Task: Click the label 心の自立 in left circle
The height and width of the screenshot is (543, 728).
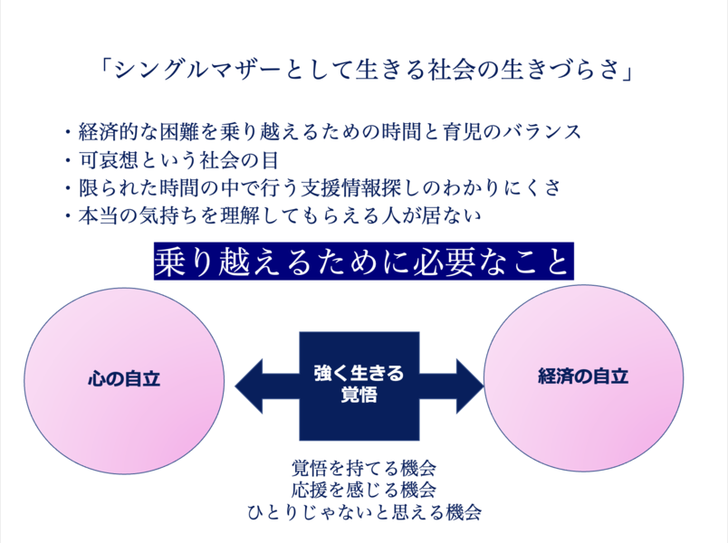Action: tap(123, 377)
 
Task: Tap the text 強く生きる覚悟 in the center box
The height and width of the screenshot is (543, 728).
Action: tap(359, 384)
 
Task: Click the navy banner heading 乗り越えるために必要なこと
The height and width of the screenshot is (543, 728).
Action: tap(363, 262)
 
